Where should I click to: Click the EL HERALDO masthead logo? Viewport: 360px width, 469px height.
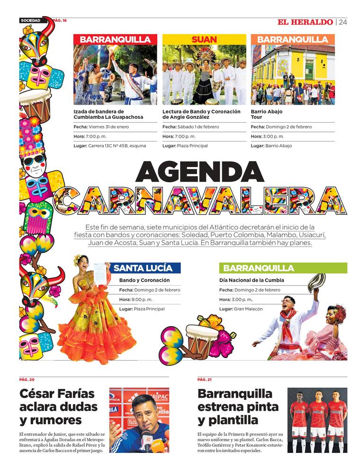point(305,22)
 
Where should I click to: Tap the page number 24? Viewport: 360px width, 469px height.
point(343,22)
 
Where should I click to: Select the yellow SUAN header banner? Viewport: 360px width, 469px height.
point(204,39)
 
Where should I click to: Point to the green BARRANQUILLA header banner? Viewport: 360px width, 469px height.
point(283,268)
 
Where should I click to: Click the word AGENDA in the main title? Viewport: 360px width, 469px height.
point(199,172)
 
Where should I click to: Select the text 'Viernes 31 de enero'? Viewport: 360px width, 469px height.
point(108,127)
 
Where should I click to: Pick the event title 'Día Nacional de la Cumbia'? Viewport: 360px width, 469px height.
point(252,280)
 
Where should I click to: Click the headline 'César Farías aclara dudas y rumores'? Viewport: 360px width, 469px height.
point(58,407)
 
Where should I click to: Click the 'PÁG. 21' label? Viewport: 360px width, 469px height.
point(205,380)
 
